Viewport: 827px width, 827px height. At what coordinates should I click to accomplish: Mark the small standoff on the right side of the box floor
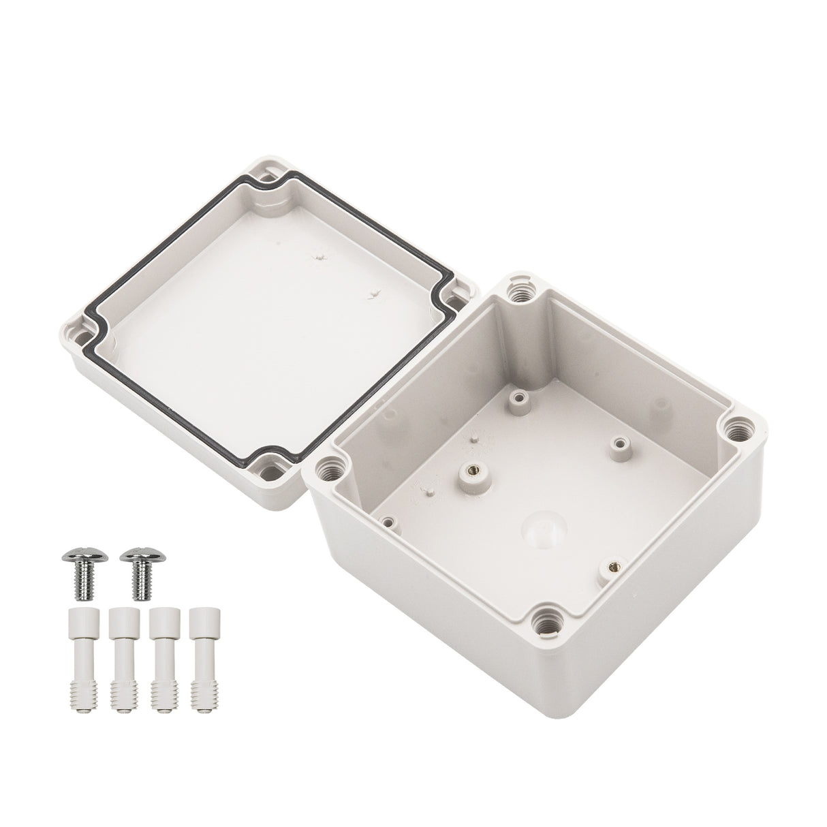(618, 444)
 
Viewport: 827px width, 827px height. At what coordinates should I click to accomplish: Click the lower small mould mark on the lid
(372, 294)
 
